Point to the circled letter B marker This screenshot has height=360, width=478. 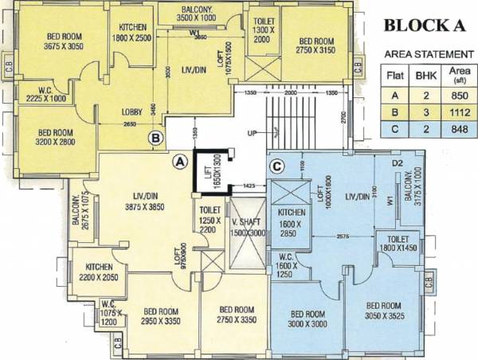pos(156,139)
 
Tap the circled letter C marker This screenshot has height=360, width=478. pos(276,166)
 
